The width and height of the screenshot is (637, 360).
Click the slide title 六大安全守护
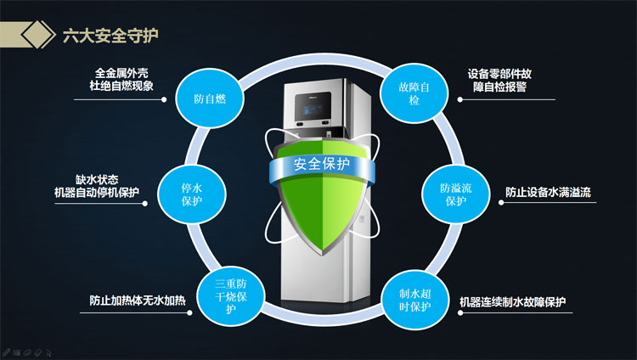[x=110, y=36]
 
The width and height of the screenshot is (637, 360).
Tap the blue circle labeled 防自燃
[x=210, y=98]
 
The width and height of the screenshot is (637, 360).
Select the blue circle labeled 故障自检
[x=414, y=93]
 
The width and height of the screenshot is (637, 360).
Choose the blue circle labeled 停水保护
[x=192, y=194]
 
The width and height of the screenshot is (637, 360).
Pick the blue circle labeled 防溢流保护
[x=456, y=194]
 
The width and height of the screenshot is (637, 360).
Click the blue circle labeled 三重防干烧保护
[x=231, y=296]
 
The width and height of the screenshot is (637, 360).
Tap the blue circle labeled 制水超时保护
[x=414, y=300]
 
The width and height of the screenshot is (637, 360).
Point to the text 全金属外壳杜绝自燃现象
[x=121, y=79]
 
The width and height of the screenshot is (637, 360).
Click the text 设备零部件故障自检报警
[x=499, y=80]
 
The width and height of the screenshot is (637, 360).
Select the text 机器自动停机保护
[x=97, y=192]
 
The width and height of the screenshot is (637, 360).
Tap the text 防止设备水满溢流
[x=548, y=192]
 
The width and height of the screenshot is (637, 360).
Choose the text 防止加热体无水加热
[x=138, y=301]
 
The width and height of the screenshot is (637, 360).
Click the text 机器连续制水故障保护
[x=512, y=302]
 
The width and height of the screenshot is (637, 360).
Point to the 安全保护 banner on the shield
[x=322, y=164]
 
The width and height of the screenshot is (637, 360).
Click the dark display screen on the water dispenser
[x=313, y=106]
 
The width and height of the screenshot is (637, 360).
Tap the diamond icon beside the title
[x=38, y=35]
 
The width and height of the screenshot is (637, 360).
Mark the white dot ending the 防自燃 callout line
[x=164, y=99]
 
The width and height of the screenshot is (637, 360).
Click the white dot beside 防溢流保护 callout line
[x=501, y=202]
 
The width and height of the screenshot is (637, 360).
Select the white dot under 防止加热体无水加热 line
[x=189, y=312]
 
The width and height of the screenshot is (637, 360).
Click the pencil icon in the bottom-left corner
[x=5, y=352]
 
